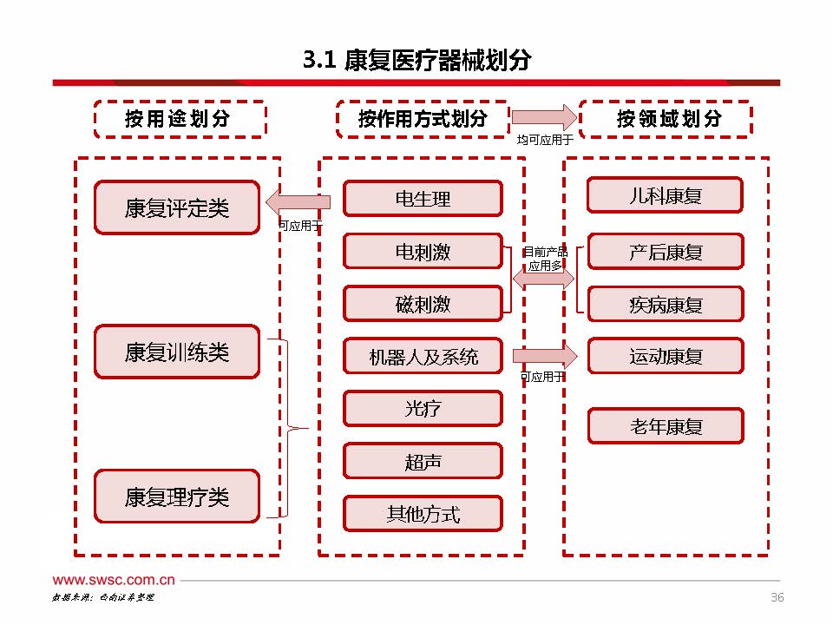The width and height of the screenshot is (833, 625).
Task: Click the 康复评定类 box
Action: click(x=176, y=207)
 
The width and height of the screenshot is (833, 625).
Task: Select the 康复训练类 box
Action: click(x=176, y=352)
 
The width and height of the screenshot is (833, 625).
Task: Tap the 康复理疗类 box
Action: click(x=176, y=497)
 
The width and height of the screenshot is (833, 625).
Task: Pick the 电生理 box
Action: click(x=423, y=199)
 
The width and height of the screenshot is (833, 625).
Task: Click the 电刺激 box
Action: click(x=423, y=252)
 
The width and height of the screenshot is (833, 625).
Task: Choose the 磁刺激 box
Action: click(x=423, y=305)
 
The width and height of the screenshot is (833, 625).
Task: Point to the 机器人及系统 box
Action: click(x=423, y=356)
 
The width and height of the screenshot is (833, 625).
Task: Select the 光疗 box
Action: click(x=423, y=409)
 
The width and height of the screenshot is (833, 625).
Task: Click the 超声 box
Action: click(x=423, y=462)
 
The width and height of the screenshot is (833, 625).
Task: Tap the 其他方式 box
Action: click(x=423, y=514)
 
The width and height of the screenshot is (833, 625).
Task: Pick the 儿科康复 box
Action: click(x=665, y=195)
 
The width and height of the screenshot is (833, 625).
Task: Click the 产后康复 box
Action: click(x=665, y=252)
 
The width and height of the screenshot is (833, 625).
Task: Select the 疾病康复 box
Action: click(x=665, y=305)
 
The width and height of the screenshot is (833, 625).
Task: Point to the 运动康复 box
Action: click(x=665, y=356)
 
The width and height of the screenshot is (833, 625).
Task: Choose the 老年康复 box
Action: click(x=665, y=426)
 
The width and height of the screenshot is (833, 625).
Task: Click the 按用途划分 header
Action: click(x=179, y=119)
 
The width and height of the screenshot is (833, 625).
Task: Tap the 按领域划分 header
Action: click(x=666, y=119)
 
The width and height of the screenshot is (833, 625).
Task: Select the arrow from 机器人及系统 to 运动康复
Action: click(x=545, y=356)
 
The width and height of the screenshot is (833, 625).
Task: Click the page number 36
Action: click(x=777, y=597)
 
